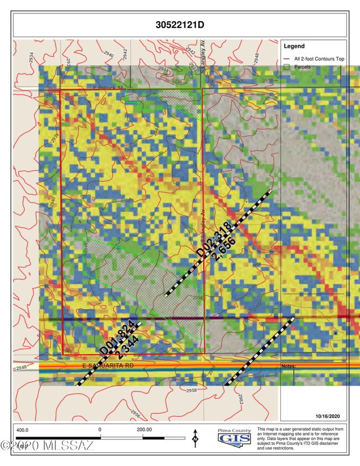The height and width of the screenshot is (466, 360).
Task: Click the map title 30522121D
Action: [180, 25]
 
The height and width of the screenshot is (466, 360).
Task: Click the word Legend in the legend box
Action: [294, 46]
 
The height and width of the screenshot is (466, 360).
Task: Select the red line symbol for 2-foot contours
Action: [286, 58]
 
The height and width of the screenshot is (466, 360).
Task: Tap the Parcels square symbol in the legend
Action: [286, 67]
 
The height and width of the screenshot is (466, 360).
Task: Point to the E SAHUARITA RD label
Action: [109, 366]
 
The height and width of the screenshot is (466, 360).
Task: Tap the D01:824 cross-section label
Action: [116, 337]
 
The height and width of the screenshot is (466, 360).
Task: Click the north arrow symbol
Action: [195, 437]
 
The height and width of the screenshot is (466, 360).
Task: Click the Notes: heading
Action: [289, 366]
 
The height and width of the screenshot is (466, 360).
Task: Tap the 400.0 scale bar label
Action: [23, 429]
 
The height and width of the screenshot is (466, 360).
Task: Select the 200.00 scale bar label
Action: [144, 429]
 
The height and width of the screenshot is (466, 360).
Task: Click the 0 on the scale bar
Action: [100, 429]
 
